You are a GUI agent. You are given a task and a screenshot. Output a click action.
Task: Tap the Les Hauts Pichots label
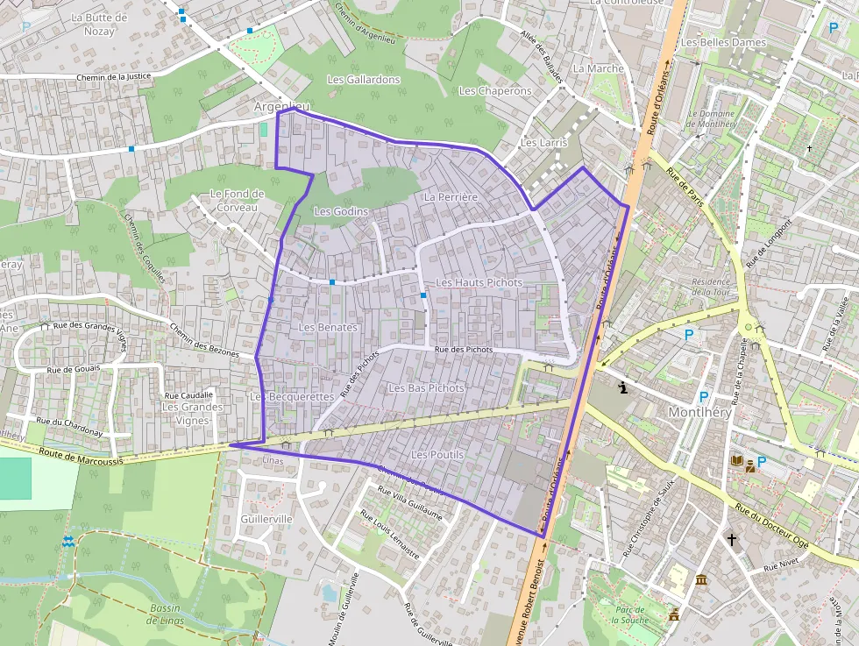479,283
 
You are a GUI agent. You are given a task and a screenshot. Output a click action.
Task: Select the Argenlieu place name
281,106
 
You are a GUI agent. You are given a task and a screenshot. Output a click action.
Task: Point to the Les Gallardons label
363,80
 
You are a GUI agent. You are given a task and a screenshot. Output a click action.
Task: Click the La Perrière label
451,197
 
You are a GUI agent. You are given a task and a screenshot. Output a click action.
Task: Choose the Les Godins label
341,212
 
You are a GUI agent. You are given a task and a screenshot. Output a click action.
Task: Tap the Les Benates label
328,328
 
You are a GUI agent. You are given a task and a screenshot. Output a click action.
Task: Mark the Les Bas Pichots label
426,387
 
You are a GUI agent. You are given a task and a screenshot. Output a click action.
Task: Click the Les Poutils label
437,455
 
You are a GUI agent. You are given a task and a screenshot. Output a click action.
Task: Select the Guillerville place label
266,519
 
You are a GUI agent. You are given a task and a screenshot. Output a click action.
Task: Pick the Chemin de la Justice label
114,76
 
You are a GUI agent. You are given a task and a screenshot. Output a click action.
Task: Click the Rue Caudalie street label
188,395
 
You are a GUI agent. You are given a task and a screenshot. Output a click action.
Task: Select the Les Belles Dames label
723,42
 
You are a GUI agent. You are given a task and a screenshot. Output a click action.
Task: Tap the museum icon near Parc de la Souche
701,580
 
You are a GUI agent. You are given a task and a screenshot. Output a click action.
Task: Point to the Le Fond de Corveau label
237,200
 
